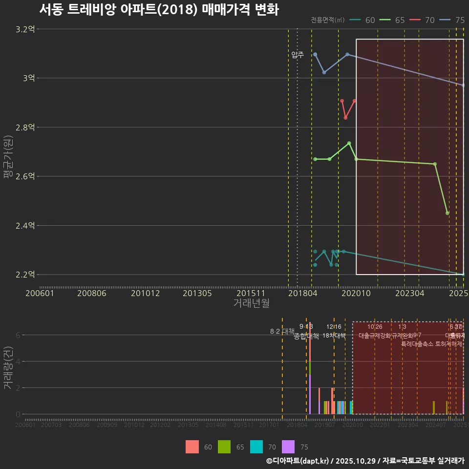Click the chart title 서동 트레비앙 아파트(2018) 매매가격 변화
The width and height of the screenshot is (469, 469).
tap(159, 10)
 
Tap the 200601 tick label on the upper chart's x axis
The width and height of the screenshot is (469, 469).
tap(40, 294)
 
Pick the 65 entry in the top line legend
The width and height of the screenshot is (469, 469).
tap(400, 20)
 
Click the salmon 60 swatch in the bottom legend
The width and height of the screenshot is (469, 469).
tap(192, 447)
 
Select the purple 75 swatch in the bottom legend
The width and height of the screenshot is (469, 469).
tap(289, 447)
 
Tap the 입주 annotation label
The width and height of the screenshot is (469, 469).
tap(298, 55)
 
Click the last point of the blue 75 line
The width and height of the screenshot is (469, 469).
tap(463, 85)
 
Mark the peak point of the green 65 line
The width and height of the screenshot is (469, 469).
tap(349, 143)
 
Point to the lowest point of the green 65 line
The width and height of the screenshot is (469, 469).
tap(448, 213)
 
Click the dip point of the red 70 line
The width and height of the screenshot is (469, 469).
tap(345, 118)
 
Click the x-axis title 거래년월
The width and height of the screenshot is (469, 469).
tap(251, 303)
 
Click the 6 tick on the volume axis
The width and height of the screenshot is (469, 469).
tap(18, 335)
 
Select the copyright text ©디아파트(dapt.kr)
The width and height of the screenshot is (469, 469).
tap(298, 461)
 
